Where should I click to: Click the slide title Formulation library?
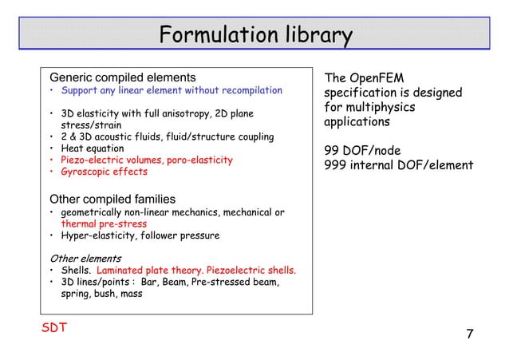pyautogui.click(x=254, y=36)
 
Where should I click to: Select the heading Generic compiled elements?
pyautogui.click(x=123, y=77)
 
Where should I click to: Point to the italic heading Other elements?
pyautogui.click(x=85, y=259)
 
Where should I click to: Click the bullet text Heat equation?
pyautogui.click(x=93, y=148)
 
